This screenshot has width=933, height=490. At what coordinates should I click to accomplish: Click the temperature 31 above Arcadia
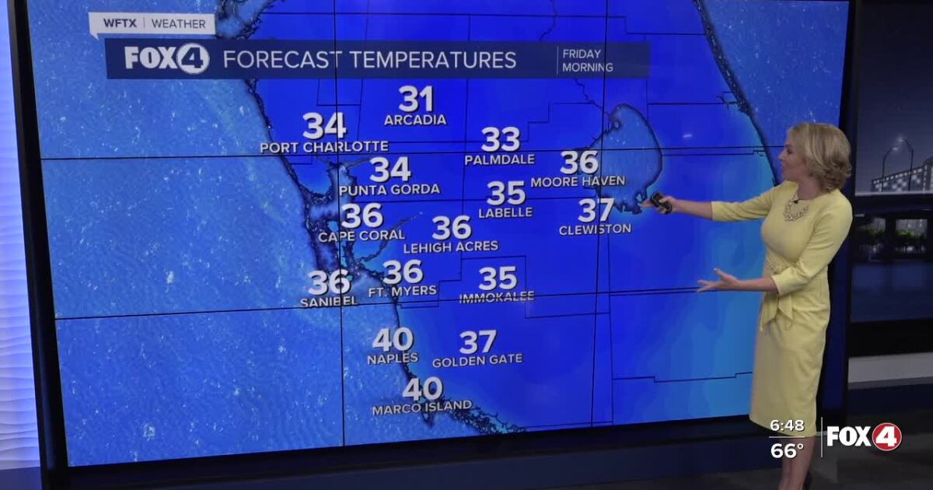click(416, 100)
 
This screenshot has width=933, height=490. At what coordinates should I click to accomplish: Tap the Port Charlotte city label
click(323, 147)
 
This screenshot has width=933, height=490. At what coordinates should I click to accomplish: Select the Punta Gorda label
click(390, 189)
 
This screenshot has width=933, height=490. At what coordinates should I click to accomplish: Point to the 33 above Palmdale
click(501, 140)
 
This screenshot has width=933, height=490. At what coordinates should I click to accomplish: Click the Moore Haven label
click(578, 181)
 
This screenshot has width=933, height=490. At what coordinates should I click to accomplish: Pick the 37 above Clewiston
click(596, 210)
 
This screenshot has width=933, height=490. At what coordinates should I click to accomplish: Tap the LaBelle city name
click(505, 212)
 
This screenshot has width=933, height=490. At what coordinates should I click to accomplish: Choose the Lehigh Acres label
click(451, 247)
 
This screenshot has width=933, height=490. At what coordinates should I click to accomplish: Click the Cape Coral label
click(362, 235)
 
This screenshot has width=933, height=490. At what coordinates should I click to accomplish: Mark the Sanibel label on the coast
click(329, 301)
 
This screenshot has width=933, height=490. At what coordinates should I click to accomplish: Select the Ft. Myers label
click(402, 291)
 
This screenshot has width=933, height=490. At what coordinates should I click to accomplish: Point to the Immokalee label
click(497, 297)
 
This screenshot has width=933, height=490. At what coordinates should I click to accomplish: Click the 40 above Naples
click(393, 340)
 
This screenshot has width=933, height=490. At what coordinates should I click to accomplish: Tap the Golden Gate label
click(477, 360)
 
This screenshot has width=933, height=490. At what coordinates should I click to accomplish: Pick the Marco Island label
click(421, 407)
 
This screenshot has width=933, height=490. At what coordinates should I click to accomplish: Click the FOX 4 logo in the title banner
click(166, 59)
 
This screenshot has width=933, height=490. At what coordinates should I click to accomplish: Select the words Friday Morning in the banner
click(587, 60)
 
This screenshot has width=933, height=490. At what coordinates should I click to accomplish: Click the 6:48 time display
click(786, 426)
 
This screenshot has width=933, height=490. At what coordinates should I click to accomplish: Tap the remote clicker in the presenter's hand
click(661, 201)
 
